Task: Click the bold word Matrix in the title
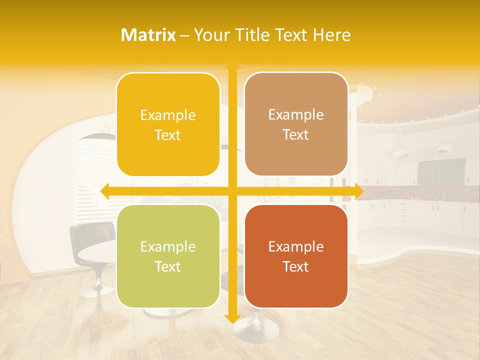[x=148, y=35]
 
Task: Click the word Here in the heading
[x=331, y=35]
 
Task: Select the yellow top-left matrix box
[x=168, y=124]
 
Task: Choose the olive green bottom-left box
[x=168, y=256]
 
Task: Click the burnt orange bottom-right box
[x=296, y=256]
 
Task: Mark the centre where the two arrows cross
[x=232, y=190]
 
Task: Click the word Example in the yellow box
[x=168, y=115]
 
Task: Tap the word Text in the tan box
[x=296, y=134]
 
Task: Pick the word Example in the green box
[x=168, y=246]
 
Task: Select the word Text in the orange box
[x=296, y=266]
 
